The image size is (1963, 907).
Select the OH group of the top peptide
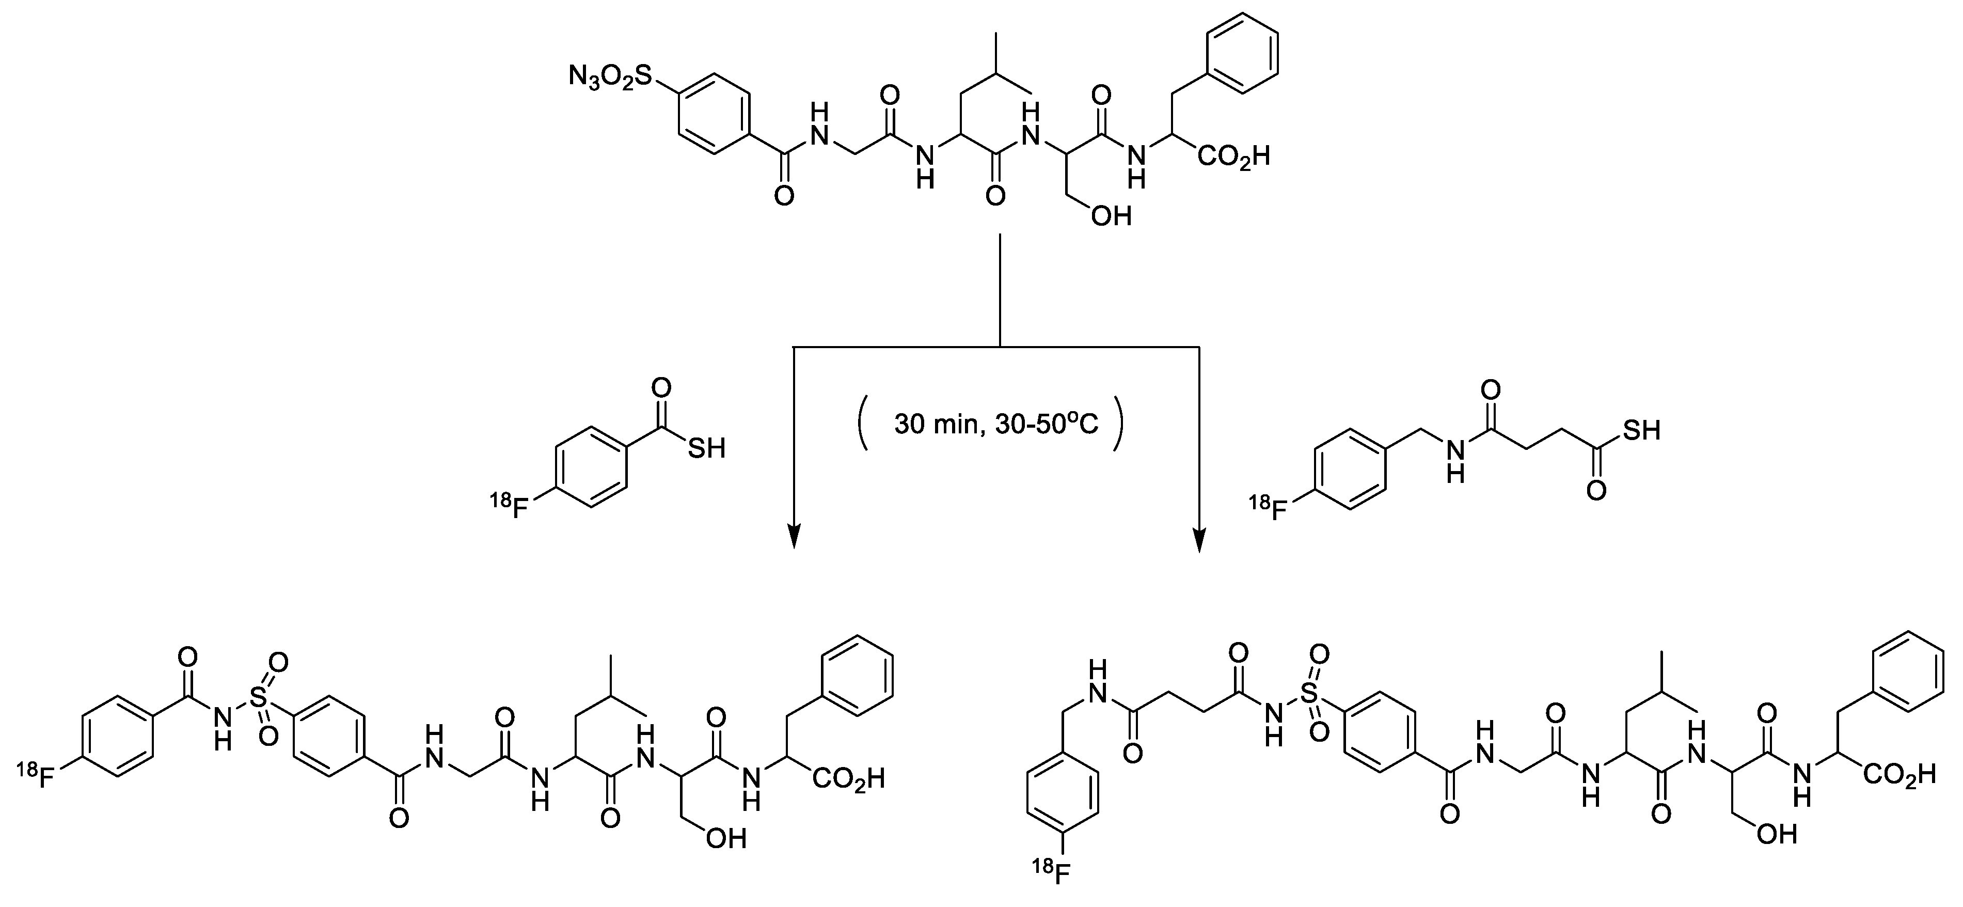coord(1110,217)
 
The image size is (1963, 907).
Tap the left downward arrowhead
coord(794,537)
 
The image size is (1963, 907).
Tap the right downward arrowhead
coord(1200,537)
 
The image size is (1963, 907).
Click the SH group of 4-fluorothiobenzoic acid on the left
coord(706,448)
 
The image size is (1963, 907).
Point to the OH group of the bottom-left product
coord(725,839)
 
